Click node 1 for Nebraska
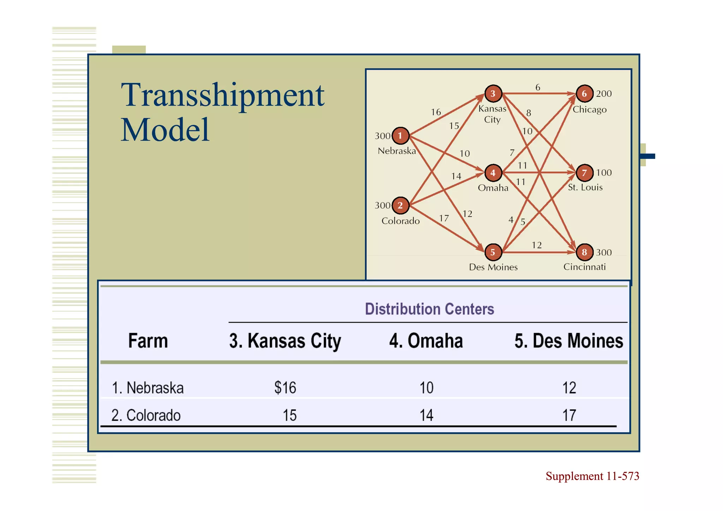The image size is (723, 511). [x=400, y=136]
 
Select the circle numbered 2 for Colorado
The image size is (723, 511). [x=400, y=205]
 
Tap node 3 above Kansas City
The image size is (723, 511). [x=493, y=94]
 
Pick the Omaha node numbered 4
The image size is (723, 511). [x=493, y=173]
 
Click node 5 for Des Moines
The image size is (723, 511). [x=493, y=252]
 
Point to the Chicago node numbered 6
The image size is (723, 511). [x=584, y=94]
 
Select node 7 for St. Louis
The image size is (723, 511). [x=584, y=173]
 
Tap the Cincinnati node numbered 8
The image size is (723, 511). [x=584, y=252]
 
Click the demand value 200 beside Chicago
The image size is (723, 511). [x=604, y=94]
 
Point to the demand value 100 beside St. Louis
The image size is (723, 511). [x=604, y=173]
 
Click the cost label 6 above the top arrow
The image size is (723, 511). [x=538, y=87]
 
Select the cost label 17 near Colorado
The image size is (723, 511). [x=444, y=218]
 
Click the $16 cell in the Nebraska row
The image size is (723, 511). [x=285, y=388]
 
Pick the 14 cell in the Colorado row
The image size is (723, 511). [x=426, y=415]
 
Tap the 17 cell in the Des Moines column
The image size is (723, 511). [x=569, y=415]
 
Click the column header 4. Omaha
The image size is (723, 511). [x=426, y=341]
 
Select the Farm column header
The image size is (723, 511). [x=148, y=341]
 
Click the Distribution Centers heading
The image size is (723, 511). [x=429, y=309]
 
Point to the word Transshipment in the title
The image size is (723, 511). [x=222, y=95]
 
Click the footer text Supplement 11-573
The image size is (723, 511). [x=592, y=476]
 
